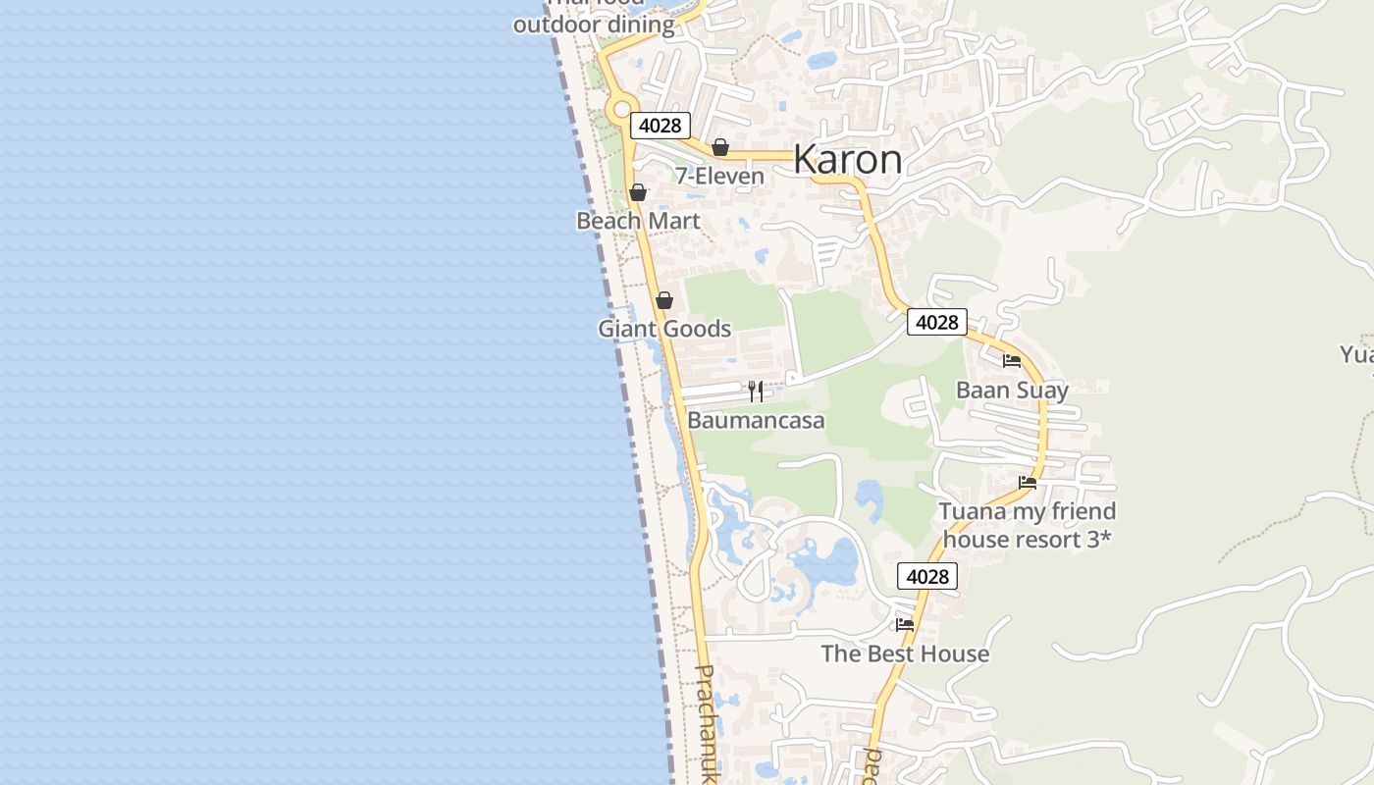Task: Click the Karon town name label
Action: point(847,159)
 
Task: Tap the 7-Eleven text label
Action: point(719,177)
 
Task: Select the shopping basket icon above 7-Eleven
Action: point(720,147)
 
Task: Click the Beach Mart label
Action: point(638,221)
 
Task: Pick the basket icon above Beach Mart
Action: point(638,192)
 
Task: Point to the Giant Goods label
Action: point(664,329)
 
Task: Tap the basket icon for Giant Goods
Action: point(664,300)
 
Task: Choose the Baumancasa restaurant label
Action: point(756,421)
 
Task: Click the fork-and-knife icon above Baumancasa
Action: point(756,392)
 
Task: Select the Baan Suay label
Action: point(1012,391)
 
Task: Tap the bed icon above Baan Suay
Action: point(1012,361)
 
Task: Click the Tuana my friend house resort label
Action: point(1028,525)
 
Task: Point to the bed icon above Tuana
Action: point(1028,482)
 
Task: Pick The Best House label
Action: point(905,654)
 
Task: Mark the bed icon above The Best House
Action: point(905,624)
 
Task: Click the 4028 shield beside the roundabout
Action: point(661,126)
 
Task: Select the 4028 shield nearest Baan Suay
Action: point(936,322)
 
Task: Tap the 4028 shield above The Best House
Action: point(927,576)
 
